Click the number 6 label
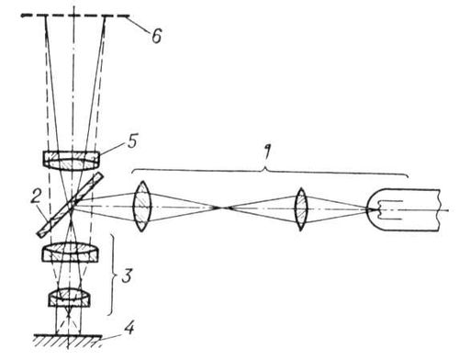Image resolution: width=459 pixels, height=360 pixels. click(157, 36)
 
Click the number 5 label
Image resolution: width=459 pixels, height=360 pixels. click(132, 141)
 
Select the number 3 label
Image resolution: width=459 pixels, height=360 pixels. click(127, 276)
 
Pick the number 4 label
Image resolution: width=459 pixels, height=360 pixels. click(129, 328)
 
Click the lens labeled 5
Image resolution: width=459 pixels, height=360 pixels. click(71, 161)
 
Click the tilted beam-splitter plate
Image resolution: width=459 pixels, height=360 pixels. click(71, 205)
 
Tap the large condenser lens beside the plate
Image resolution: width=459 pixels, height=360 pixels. click(141, 206)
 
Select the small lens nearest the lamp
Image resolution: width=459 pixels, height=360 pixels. click(301, 209)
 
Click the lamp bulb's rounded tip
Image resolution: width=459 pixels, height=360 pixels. click(369, 209)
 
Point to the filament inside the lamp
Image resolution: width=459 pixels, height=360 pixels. click(388, 210)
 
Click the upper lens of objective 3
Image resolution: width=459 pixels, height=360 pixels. click(71, 253)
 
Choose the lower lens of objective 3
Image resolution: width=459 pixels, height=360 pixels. click(70, 298)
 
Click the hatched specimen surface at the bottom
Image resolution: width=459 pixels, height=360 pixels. click(67, 341)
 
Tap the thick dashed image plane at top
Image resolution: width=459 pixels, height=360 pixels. click(75, 16)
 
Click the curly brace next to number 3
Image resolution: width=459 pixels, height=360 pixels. click(112, 275)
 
